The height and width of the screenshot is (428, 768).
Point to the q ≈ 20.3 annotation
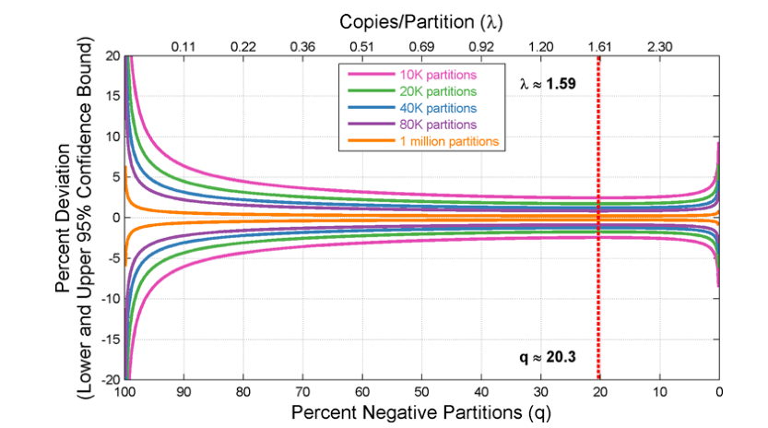tap(548, 356)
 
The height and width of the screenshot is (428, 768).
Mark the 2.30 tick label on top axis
tap(659, 45)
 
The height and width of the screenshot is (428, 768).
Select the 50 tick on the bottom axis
tap(421, 391)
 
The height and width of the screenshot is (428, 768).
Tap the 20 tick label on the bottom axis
tap(599, 391)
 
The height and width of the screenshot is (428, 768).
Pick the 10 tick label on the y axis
tap(112, 137)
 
